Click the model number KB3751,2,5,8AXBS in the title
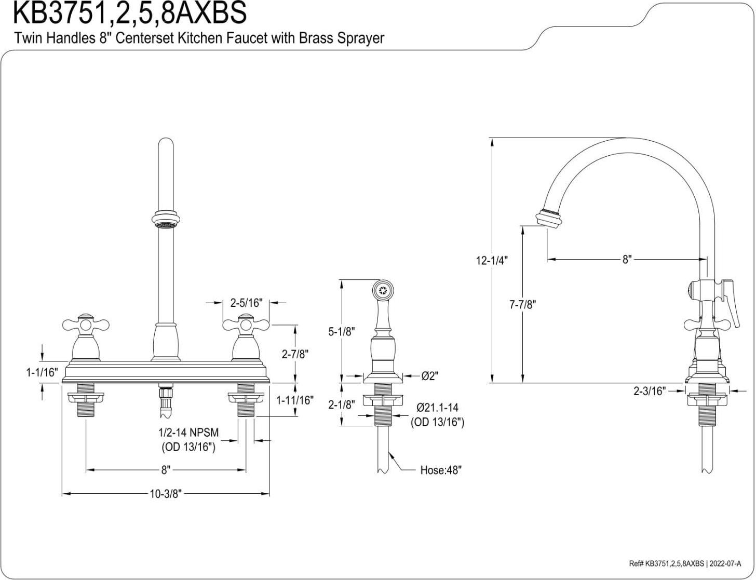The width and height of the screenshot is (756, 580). click(x=130, y=14)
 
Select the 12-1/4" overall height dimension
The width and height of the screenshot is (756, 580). click(x=491, y=260)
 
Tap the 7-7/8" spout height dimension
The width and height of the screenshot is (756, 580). click(x=522, y=305)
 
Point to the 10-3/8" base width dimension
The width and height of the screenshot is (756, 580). click(x=166, y=494)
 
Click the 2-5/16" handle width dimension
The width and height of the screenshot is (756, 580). click(x=247, y=303)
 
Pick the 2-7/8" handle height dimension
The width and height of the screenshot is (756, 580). click(x=295, y=354)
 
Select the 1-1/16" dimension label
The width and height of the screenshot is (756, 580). click(x=42, y=373)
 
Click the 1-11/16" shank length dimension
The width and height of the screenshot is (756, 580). click(x=295, y=400)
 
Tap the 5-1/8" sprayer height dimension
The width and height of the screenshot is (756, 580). click(x=341, y=331)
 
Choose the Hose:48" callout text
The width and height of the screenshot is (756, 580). click(x=441, y=470)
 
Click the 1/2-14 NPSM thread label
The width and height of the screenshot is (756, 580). click(x=188, y=433)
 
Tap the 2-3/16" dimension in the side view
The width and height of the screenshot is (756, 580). click(x=649, y=391)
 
